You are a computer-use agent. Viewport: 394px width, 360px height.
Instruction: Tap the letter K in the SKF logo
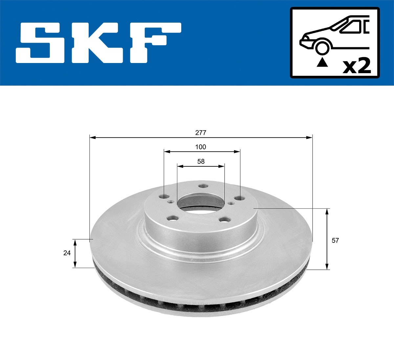click(100, 43)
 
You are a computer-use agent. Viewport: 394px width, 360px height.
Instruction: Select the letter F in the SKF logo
click(154, 43)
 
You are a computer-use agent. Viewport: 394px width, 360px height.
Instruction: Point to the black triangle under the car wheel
click(322, 62)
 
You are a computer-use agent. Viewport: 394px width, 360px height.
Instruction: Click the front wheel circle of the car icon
click(322, 47)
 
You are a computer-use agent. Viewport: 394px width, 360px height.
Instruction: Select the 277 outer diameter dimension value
click(201, 133)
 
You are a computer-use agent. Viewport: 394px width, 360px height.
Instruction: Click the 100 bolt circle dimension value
click(201, 147)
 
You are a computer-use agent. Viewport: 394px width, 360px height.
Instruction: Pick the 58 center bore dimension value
click(201, 161)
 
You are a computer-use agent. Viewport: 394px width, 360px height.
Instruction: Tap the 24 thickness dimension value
click(67, 253)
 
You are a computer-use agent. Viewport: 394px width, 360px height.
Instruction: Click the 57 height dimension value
click(335, 241)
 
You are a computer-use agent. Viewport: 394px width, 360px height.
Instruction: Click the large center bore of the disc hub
click(201, 201)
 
